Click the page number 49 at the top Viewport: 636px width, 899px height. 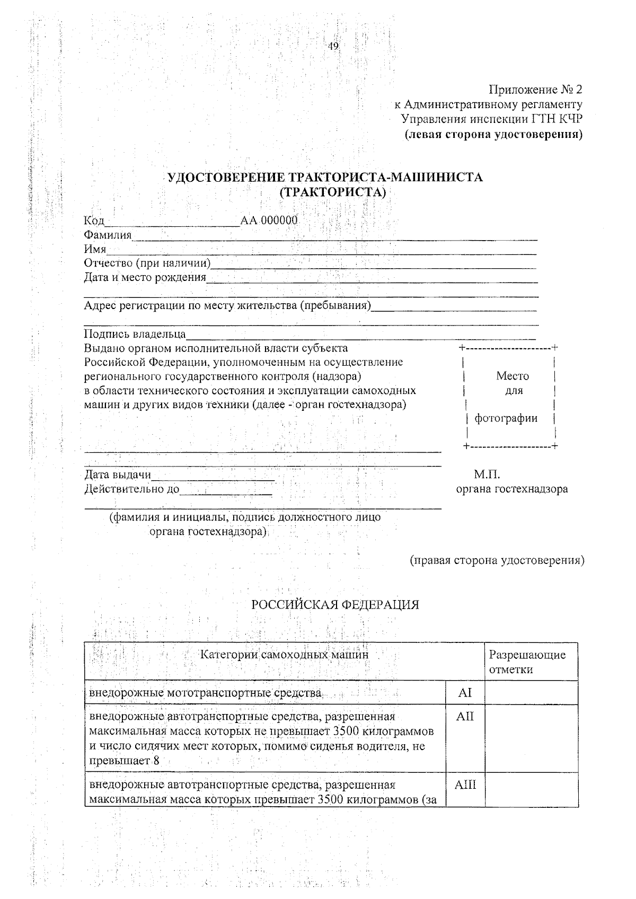(333, 46)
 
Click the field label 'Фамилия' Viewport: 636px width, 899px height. (108, 235)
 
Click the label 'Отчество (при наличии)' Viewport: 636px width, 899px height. (147, 263)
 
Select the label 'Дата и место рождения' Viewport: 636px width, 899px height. (145, 277)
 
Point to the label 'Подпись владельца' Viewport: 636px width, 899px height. (135, 334)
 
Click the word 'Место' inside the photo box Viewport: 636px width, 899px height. (512, 376)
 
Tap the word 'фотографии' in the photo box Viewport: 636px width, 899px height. (506, 418)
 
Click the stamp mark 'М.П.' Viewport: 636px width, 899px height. (487, 474)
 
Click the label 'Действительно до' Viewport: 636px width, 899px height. (132, 489)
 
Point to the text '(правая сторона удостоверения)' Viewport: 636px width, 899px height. (497, 560)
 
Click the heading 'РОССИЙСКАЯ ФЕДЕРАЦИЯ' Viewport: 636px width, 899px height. (335, 605)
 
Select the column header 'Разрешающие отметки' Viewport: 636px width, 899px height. (527, 662)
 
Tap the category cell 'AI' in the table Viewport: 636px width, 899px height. (465, 693)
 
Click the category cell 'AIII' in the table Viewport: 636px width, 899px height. (465, 785)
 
